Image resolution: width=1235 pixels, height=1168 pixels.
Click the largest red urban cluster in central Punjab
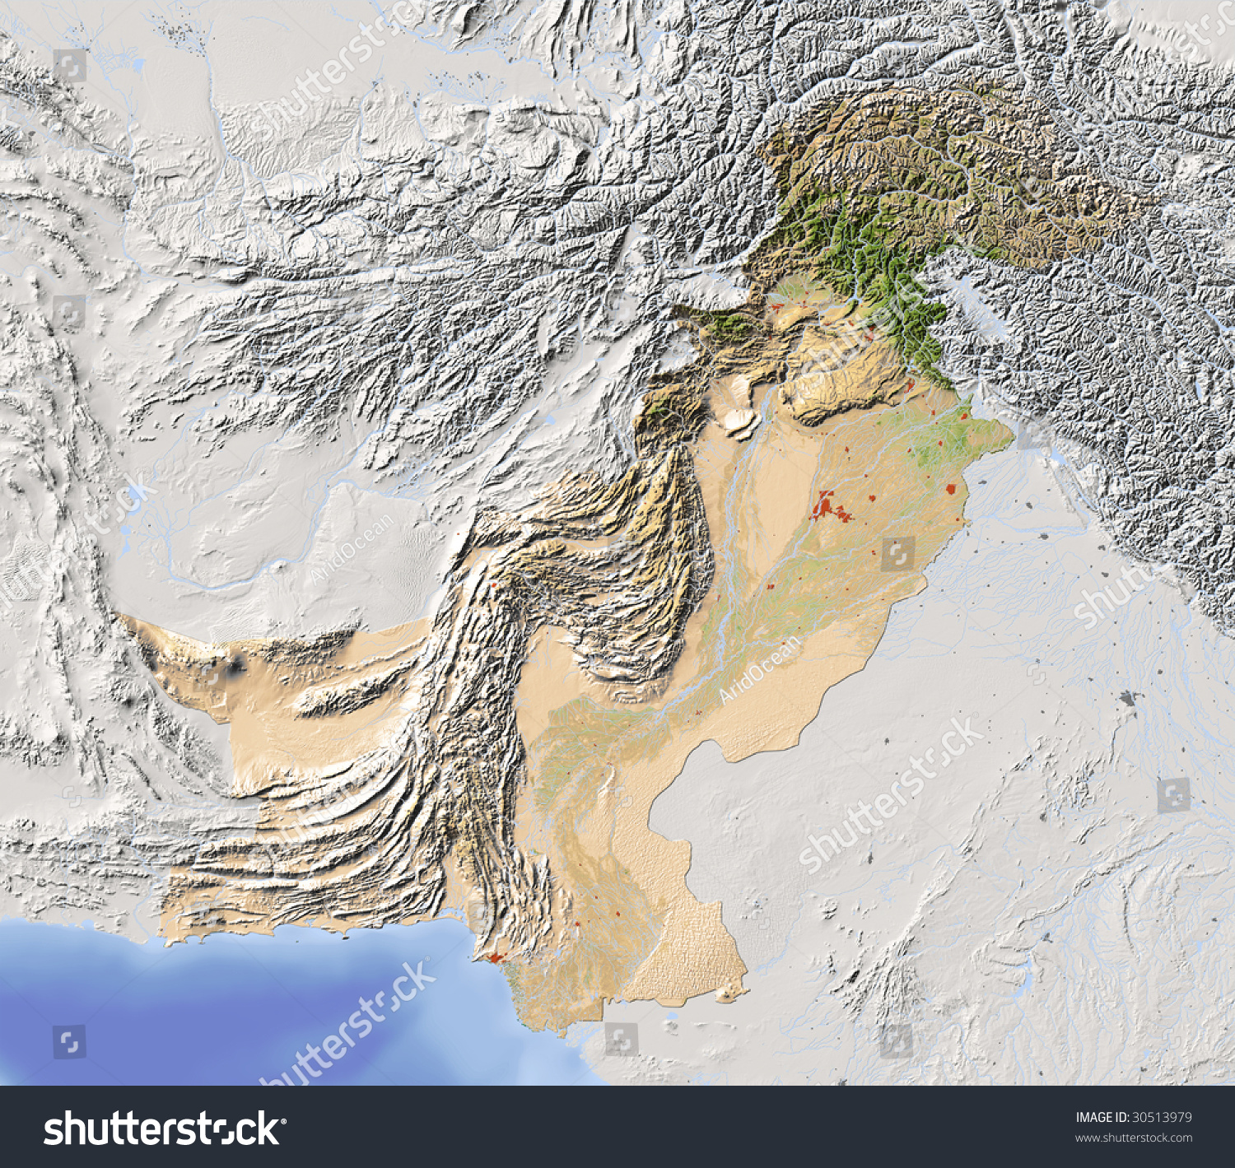click(826, 506)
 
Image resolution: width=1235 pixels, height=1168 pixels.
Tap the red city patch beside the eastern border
click(952, 488)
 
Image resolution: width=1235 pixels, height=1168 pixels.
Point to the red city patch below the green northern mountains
click(911, 384)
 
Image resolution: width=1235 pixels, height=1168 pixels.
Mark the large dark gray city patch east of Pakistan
click(1127, 699)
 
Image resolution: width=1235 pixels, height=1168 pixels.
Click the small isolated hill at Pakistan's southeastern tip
click(725, 996)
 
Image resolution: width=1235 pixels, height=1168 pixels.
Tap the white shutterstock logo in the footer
click(161, 1128)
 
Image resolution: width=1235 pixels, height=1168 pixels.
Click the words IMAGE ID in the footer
click(1102, 1117)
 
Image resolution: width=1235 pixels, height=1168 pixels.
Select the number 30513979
click(1162, 1117)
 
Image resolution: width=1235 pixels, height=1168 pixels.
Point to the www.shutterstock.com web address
click(1134, 1138)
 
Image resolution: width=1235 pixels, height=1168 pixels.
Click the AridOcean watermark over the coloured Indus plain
click(759, 668)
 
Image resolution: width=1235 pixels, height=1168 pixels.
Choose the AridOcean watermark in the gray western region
click(350, 549)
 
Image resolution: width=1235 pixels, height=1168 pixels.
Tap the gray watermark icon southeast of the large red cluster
click(897, 554)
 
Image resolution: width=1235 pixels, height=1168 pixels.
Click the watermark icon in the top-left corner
click(69, 65)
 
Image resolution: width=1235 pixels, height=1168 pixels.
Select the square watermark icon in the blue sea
click(69, 1041)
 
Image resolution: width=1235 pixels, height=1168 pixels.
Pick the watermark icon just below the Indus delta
click(621, 1039)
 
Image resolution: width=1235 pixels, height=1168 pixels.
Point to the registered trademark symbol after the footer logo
click(284, 1120)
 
